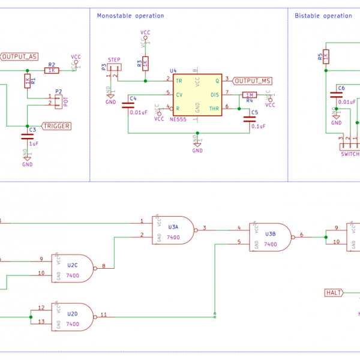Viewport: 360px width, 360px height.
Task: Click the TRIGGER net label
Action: pyautogui.click(x=56, y=126)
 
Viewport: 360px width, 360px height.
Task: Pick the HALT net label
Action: pyautogui.click(x=333, y=293)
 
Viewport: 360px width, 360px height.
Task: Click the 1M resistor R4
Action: pyautogui.click(x=250, y=95)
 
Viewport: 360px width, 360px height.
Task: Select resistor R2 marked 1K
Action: pyautogui.click(x=52, y=70)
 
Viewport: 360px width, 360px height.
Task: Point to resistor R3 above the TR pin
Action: pyautogui.click(x=145, y=62)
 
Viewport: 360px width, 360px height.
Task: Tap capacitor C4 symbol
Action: pyautogui.click(x=128, y=105)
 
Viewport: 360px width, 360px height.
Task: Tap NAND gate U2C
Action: pyautogui.click(x=74, y=267)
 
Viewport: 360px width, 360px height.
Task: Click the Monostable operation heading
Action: pyautogui.click(x=130, y=16)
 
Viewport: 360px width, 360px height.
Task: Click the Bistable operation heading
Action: pyautogui.click(x=323, y=16)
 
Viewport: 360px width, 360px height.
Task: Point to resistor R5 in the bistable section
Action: pyautogui.click(x=325, y=57)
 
